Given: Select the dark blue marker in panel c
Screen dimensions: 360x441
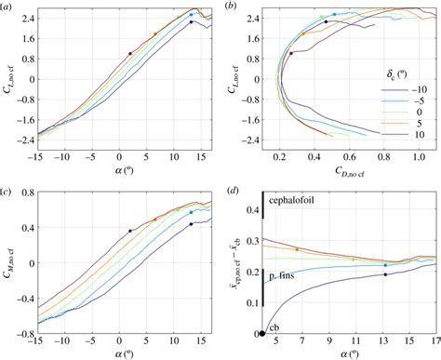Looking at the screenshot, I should [191, 224].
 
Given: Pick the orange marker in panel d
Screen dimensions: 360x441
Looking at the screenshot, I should [297, 249].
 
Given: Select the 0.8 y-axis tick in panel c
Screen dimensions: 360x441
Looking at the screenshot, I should [28, 193].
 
